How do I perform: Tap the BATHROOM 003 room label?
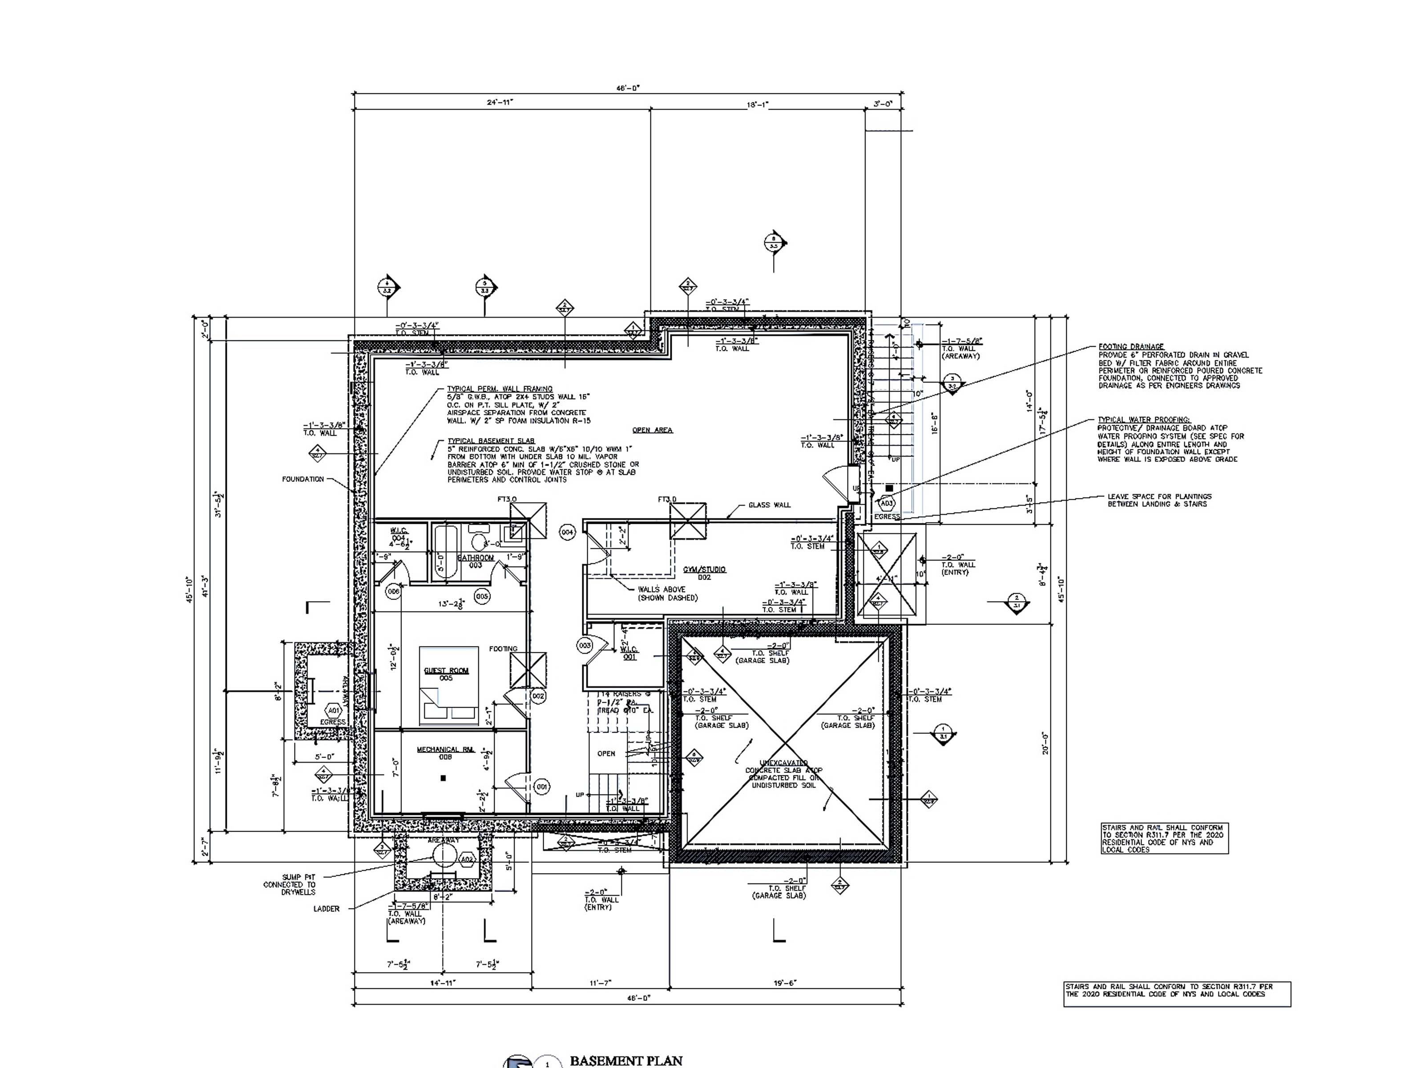476,561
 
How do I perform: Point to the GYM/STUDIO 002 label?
704,573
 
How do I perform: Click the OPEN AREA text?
652,430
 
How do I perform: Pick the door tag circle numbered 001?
541,787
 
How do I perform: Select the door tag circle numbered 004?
567,532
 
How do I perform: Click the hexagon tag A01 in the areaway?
333,711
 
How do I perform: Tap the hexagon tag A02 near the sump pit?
467,859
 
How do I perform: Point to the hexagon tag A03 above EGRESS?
888,504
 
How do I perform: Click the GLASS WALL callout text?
769,505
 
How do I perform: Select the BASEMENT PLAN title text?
625,1060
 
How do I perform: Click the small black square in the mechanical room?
444,778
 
